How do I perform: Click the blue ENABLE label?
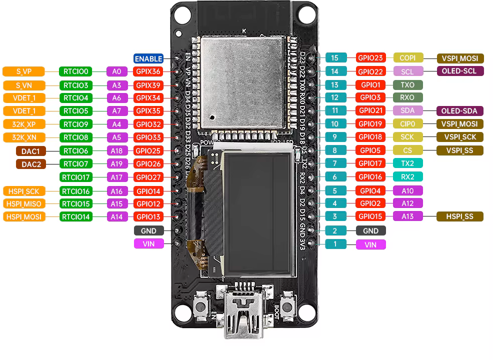point(148,58)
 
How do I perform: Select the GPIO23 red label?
point(370,58)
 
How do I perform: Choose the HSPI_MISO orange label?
point(24,203)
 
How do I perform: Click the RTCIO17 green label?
point(75,176)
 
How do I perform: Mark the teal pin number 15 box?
point(335,58)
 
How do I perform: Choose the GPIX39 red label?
point(148,85)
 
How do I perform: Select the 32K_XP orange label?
point(24,124)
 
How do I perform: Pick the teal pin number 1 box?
point(335,244)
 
